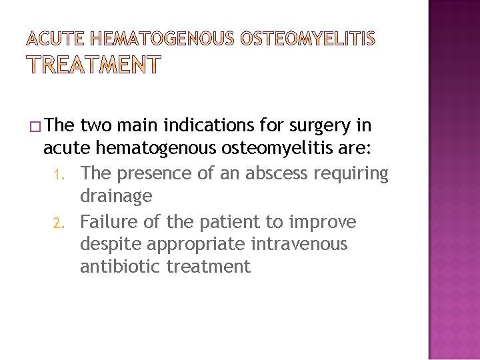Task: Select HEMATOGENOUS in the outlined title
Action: (x=160, y=39)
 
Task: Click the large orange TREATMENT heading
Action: (x=93, y=65)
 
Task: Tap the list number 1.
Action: (x=57, y=174)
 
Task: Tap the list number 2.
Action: (x=57, y=222)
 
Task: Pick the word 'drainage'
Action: (x=116, y=197)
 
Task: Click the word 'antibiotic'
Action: (x=121, y=267)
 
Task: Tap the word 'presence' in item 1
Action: (x=149, y=173)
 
